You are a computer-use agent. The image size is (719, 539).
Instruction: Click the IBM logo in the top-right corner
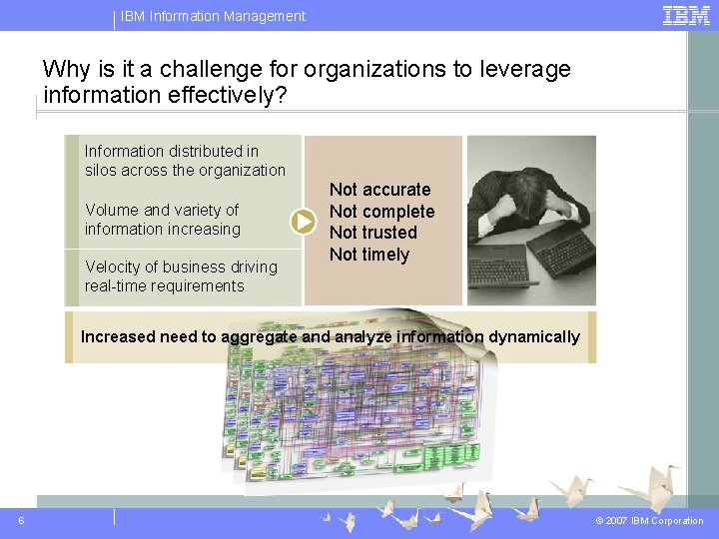coord(686,15)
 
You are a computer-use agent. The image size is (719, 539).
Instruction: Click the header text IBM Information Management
coord(213,16)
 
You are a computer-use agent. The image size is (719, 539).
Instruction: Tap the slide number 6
coord(22,520)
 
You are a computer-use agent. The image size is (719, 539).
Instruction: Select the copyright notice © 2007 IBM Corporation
coord(649,521)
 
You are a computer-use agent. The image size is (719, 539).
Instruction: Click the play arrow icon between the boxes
coord(304,221)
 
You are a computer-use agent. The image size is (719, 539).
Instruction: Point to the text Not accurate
coord(379,190)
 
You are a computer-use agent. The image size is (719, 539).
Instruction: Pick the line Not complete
coord(381,212)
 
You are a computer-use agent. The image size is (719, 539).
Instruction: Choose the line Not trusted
coord(372,233)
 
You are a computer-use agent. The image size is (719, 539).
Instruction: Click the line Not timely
coord(368,255)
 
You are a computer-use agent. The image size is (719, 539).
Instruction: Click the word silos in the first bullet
coord(101,171)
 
